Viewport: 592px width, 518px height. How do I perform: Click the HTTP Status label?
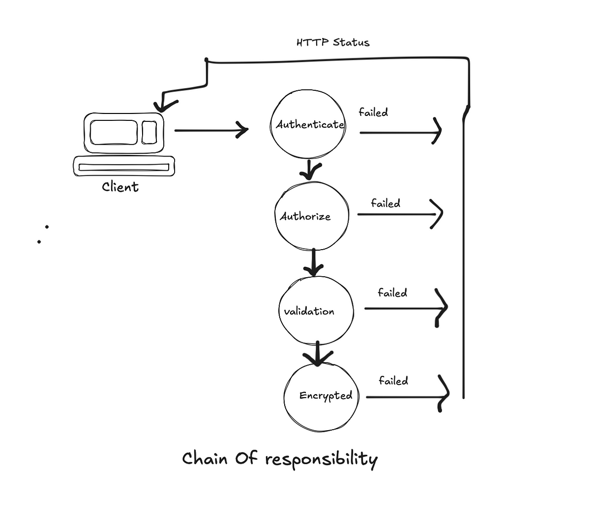click(333, 42)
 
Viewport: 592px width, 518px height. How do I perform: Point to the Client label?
click(120, 187)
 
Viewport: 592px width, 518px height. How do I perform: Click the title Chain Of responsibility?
click(280, 459)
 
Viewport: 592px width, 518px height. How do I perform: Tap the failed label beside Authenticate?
click(373, 112)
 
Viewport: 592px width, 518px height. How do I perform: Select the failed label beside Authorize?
click(386, 203)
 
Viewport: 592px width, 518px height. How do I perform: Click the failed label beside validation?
click(392, 293)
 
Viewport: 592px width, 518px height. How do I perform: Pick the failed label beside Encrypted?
click(394, 381)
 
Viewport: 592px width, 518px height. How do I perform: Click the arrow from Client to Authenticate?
click(212, 131)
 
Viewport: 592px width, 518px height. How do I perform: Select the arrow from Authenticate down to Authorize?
click(309, 170)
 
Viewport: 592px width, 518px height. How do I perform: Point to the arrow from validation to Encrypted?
click(318, 354)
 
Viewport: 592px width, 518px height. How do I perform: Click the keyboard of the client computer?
click(124, 166)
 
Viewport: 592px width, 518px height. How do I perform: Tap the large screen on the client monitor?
click(113, 132)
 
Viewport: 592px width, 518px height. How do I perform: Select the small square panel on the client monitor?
click(149, 132)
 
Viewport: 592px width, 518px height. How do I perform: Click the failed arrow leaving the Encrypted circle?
click(407, 397)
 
